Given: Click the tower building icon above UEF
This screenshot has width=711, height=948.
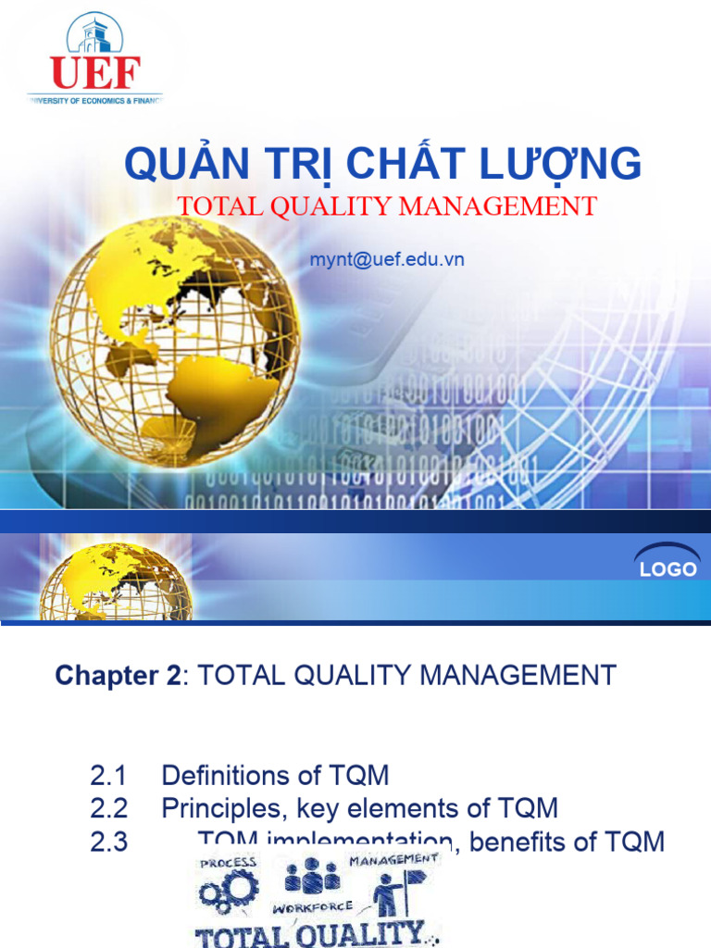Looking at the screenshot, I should [95, 34].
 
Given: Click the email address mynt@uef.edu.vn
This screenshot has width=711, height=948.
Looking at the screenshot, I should [387, 260].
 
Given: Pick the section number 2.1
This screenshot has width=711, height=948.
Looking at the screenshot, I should [108, 775].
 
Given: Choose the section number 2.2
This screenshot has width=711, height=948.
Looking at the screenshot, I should [108, 808].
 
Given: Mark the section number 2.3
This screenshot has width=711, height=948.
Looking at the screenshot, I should [108, 842].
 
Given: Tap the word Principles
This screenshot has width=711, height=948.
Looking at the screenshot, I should [224, 808].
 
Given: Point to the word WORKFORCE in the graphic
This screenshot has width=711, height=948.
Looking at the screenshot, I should [312, 907].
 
